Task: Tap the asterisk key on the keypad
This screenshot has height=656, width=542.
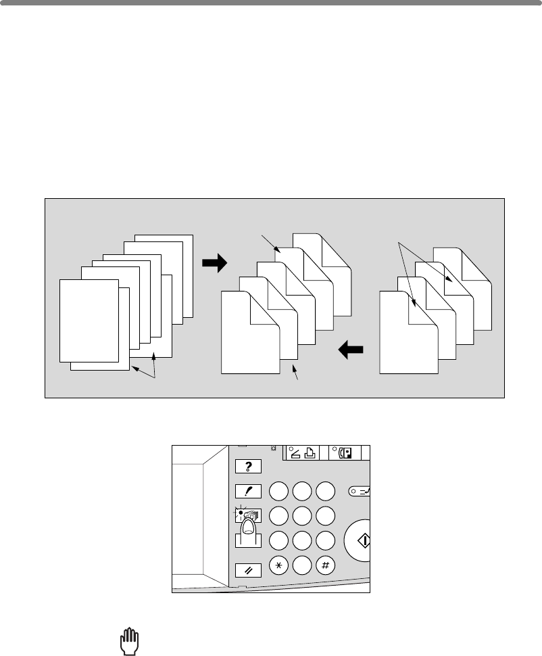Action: click(279, 566)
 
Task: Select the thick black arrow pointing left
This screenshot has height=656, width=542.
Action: click(349, 350)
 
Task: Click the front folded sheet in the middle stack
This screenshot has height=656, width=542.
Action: click(250, 331)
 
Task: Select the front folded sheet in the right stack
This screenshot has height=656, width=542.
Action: click(408, 331)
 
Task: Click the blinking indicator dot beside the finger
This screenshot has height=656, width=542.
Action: click(240, 513)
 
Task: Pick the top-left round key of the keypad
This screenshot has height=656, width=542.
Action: click(279, 492)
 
